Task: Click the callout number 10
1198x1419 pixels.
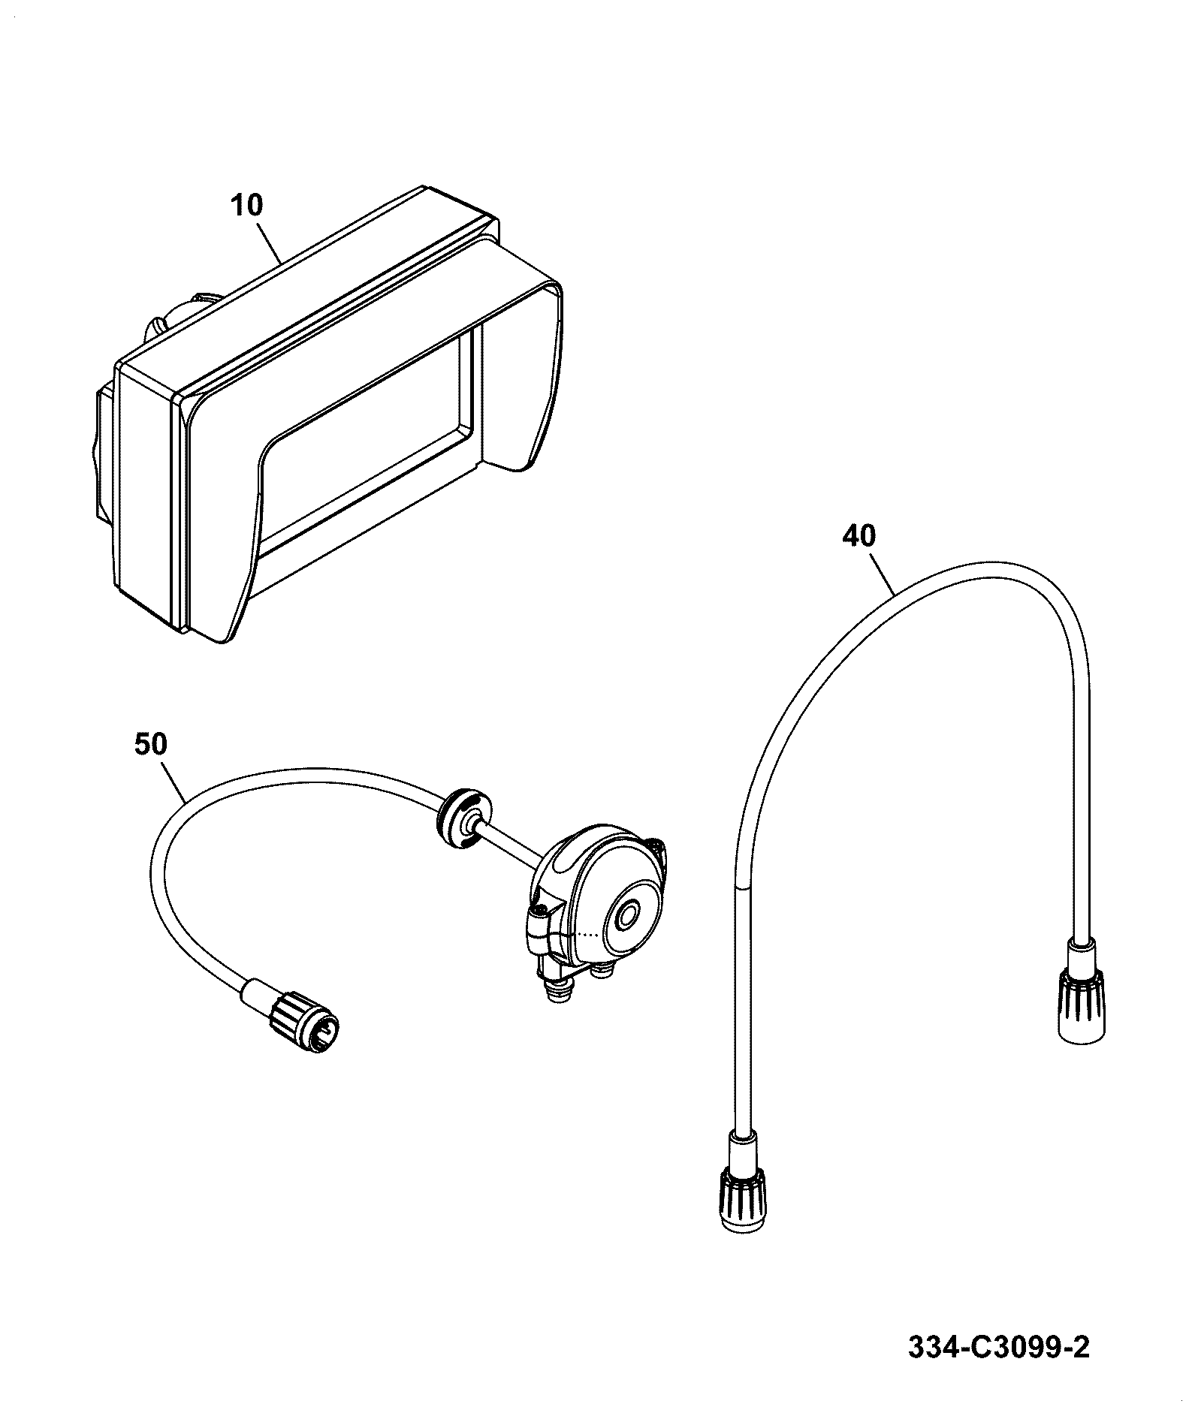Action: [x=247, y=205]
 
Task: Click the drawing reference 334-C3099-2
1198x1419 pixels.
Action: [x=998, y=1348]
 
